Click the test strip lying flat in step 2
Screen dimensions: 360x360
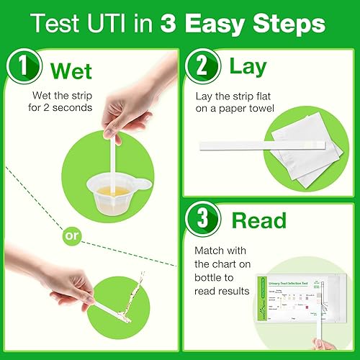(x=259, y=145)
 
